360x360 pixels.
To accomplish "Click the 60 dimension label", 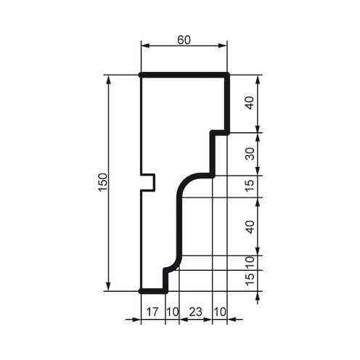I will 184,41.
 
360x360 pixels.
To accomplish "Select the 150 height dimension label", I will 102,183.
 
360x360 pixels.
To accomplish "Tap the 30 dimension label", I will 249,154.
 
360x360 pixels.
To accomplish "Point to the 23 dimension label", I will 195,312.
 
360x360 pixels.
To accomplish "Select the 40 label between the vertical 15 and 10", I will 249,226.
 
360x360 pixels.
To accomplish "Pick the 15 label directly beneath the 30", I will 249,187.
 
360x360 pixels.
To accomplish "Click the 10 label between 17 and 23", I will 171,312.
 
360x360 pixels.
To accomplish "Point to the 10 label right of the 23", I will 220,312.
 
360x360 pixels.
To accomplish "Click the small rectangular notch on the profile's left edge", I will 148,181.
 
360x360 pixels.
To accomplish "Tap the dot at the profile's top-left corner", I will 140,75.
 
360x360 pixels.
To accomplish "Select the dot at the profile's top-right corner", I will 228,75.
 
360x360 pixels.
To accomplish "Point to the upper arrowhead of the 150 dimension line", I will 109,79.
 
